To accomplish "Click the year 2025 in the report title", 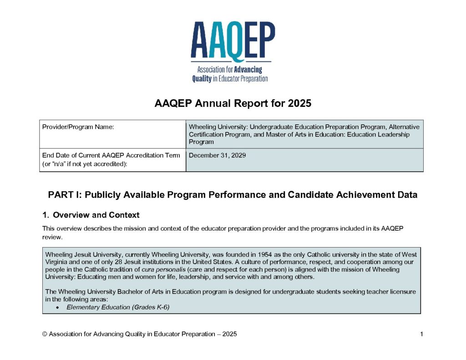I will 299,103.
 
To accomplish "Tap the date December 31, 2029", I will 217,155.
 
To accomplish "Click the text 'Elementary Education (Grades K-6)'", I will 118,307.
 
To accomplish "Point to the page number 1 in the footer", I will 421,334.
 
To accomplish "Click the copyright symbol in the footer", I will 45,334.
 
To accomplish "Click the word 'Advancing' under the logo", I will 248,70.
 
